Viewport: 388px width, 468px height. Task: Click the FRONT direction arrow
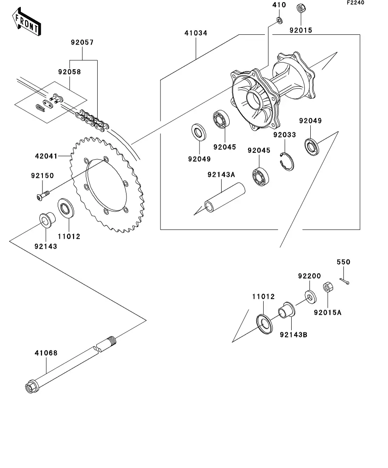[x=26, y=22]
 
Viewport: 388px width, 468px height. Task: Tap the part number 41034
[x=196, y=33]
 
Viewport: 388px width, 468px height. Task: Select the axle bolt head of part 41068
[x=31, y=387]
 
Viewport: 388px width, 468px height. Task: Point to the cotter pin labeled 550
[x=344, y=281]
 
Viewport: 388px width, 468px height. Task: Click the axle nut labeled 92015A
[x=328, y=287]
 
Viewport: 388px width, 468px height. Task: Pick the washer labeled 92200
[x=311, y=297]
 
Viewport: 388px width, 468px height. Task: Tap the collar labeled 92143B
[x=287, y=311]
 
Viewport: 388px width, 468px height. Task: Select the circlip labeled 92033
[x=287, y=162]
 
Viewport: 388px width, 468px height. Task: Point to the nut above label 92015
[x=301, y=8]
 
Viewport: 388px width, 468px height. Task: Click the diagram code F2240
[x=355, y=3]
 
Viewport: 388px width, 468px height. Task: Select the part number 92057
[x=82, y=42]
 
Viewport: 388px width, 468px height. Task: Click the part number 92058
[x=70, y=72]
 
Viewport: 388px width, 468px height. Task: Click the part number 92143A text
[x=221, y=175]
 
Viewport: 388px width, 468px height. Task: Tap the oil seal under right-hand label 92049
[x=312, y=146]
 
